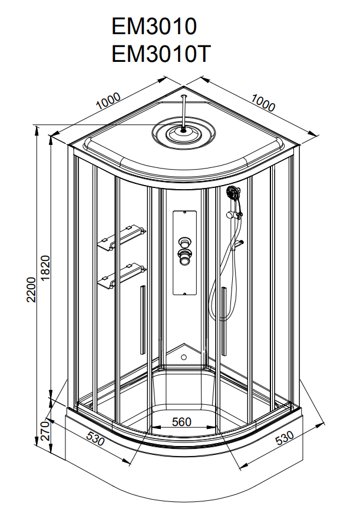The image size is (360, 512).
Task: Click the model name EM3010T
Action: (160, 54)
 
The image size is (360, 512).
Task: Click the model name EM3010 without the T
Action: (154, 27)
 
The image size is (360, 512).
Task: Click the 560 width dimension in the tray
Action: (181, 421)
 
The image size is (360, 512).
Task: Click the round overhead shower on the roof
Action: (184, 133)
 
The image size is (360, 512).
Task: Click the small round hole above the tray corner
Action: (184, 356)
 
